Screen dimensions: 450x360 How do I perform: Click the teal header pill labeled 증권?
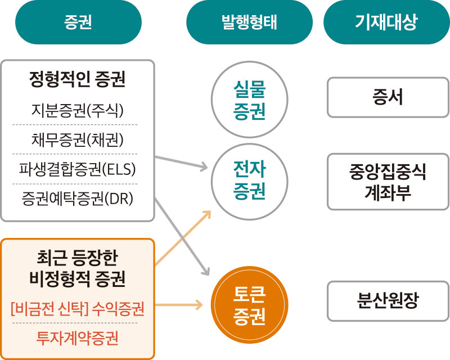(78, 22)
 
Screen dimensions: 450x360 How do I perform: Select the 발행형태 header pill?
(249, 22)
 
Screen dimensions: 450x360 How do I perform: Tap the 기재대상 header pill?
(386, 22)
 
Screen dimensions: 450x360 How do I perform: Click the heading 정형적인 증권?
(77, 79)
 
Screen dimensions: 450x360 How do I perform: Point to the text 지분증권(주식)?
(77, 110)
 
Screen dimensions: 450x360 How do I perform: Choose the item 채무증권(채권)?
(77, 140)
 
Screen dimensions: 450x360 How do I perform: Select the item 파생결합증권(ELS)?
(77, 169)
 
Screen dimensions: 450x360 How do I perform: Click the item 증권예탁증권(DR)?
(77, 199)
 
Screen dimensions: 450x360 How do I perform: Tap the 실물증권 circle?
(249, 100)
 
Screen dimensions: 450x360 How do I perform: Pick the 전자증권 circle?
(249, 182)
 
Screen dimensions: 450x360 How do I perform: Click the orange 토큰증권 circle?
(249, 305)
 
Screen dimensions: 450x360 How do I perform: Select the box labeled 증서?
(388, 97)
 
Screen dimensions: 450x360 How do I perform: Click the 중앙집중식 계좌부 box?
(388, 182)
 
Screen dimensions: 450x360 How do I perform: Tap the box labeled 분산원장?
(388, 301)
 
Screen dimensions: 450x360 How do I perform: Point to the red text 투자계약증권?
(77, 338)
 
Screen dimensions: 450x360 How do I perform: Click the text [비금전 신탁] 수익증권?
(77, 309)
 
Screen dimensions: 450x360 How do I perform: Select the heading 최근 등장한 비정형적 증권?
(77, 268)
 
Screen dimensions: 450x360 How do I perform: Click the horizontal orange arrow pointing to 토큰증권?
(179, 304)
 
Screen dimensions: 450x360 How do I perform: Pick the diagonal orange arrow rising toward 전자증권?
(183, 238)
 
